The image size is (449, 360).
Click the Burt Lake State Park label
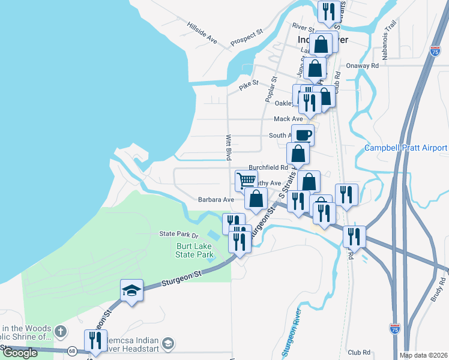(195, 250)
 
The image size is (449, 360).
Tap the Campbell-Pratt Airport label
(406, 148)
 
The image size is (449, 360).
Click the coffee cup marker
(303, 134)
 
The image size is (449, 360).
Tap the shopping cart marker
(246, 180)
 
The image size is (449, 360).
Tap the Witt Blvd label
(229, 147)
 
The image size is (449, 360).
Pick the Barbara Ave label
(216, 199)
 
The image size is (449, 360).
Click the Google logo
(20, 353)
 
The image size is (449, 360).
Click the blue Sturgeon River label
(292, 330)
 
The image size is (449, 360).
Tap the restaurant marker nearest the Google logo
(95, 340)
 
